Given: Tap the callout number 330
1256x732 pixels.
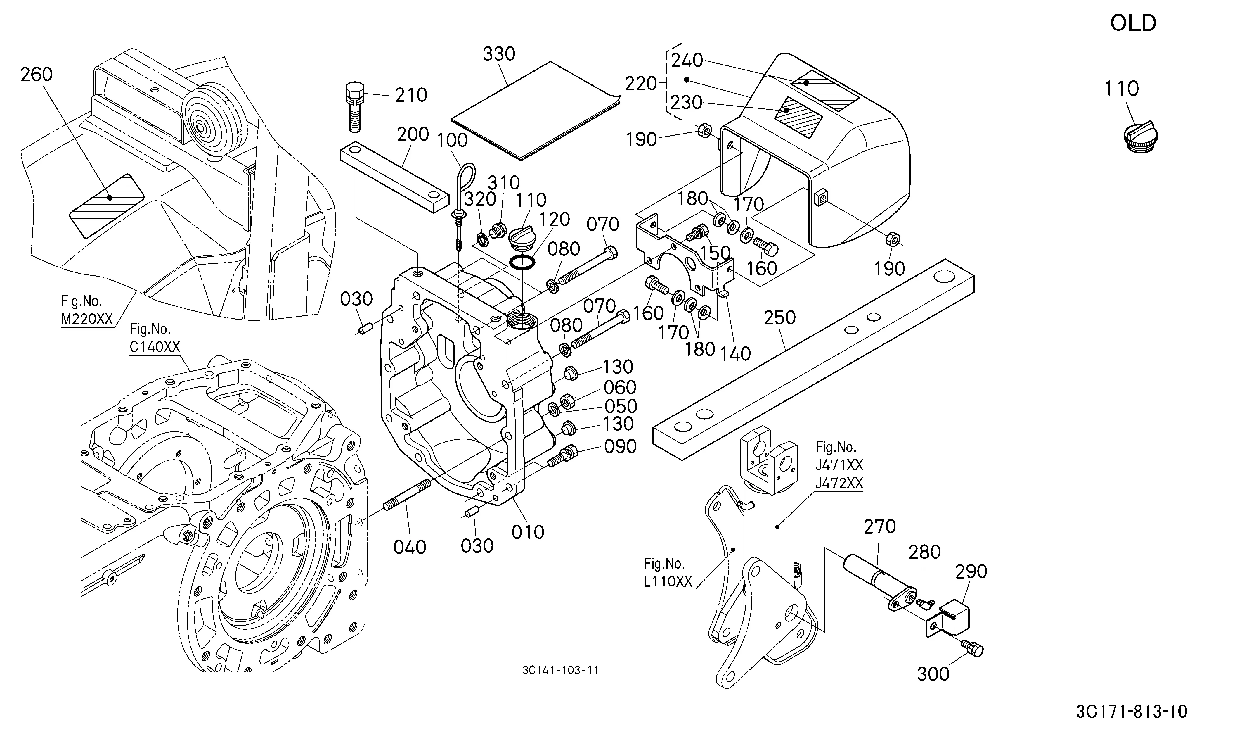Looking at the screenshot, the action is (499, 54).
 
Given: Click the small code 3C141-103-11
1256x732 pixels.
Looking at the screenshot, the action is (560, 670).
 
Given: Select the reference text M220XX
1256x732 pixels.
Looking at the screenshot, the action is (87, 319).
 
